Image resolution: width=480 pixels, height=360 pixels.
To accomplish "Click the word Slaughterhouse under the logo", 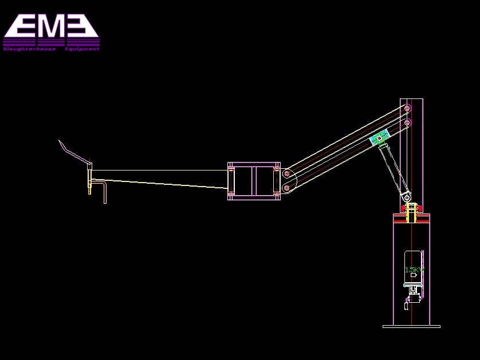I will coord(29,49).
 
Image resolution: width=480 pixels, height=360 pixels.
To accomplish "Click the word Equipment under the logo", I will coord(82,49).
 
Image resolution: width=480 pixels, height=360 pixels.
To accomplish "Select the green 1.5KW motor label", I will coord(414,270).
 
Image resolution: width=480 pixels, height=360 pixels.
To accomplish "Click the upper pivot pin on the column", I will coord(407,108).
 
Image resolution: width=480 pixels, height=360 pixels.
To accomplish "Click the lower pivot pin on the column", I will coord(407,122).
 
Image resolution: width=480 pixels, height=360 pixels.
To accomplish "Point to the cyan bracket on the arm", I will coord(379,138).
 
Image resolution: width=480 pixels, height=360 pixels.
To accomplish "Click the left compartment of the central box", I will coord(243,181).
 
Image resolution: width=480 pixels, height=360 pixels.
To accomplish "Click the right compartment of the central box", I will coord(265,181).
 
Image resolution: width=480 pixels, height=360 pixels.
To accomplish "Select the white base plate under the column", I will coord(411,326).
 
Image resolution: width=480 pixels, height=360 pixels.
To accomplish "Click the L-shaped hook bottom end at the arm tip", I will coord(105,201).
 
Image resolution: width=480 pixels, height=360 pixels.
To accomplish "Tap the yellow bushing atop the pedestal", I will coord(410,212).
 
